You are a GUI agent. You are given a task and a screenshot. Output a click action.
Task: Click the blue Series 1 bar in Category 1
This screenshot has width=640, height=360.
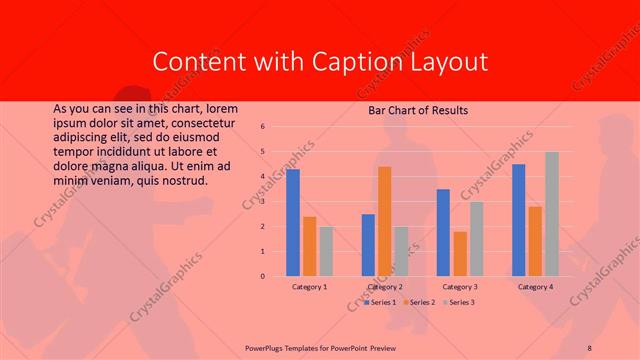[x=293, y=222]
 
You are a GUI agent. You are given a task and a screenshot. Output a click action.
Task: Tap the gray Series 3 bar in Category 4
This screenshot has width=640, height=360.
[x=552, y=214]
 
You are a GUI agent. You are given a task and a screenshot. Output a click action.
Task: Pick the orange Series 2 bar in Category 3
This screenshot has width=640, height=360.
[x=460, y=254]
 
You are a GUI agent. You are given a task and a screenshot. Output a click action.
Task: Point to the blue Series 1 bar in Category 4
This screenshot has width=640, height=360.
[x=518, y=220]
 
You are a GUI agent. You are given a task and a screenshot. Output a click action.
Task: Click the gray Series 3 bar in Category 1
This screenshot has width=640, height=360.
[x=326, y=251]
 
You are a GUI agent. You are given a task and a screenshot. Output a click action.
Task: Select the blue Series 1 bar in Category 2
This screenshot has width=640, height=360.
[x=368, y=245]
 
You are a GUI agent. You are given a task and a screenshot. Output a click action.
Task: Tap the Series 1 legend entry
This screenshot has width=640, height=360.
[x=381, y=301]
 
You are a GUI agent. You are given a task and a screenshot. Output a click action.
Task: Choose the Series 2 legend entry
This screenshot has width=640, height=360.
[x=418, y=301]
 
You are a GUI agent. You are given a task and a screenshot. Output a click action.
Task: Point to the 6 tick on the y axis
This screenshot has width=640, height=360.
[x=261, y=127]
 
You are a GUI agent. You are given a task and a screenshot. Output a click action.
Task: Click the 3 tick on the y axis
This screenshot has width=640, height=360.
[x=261, y=202]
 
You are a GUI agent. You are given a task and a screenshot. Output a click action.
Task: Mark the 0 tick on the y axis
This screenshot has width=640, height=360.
[x=261, y=276]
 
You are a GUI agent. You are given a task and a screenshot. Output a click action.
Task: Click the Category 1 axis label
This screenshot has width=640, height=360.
[x=309, y=287]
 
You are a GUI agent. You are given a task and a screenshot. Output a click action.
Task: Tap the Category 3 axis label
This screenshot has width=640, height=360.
[x=460, y=287]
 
